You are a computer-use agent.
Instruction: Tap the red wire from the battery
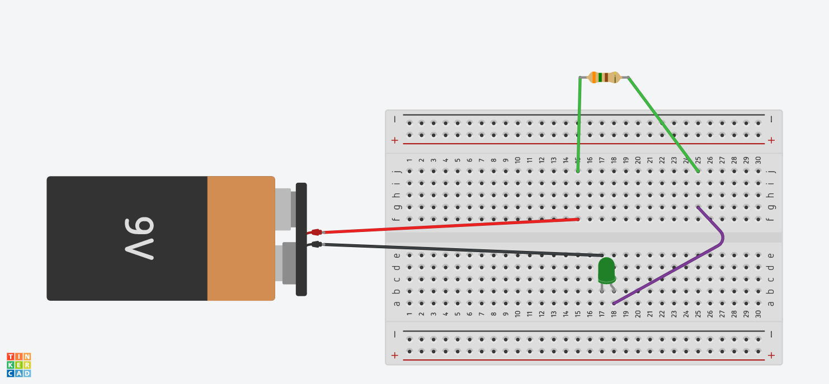pos(448,225)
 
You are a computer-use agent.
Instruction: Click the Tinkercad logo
pos(19,364)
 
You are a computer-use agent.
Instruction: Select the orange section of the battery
pos(241,238)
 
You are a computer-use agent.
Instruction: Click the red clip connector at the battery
pos(316,232)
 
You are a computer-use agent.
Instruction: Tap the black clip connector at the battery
pos(316,244)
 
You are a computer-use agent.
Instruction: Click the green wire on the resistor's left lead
pos(579,123)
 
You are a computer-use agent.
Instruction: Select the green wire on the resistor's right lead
pos(663,124)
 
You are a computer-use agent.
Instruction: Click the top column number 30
pos(758,160)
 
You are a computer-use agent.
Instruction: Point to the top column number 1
pos(409,160)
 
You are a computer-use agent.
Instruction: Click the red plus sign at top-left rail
pos(395,140)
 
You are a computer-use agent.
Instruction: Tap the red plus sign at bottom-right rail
pos(771,355)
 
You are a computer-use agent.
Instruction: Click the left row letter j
pos(397,172)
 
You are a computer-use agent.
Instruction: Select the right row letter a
pos(771,304)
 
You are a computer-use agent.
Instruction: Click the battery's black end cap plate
pos(301,239)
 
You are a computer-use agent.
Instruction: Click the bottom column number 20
pos(638,314)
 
